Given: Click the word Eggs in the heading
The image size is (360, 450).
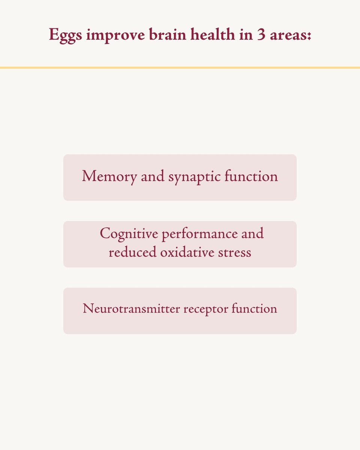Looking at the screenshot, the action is [x=66, y=35].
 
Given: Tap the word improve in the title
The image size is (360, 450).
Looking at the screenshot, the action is [x=115, y=36].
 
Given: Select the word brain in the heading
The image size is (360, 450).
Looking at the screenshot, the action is [x=167, y=34].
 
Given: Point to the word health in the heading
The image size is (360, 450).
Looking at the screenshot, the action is [x=213, y=34].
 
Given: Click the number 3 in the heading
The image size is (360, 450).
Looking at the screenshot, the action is [x=261, y=34].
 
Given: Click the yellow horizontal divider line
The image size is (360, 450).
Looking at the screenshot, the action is [x=180, y=67].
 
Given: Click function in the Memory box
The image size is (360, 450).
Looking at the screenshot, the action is [x=251, y=175].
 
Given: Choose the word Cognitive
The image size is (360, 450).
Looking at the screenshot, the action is [x=129, y=234].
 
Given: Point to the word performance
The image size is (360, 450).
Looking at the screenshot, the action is [x=200, y=234].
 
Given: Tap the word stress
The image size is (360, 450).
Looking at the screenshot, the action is [x=234, y=252].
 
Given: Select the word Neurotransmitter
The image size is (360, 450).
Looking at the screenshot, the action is [x=131, y=309].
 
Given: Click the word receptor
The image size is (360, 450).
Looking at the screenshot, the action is [x=206, y=310].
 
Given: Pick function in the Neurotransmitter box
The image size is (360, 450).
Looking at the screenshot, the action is [x=254, y=308].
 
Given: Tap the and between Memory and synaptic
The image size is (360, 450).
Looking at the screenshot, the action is [x=153, y=176].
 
